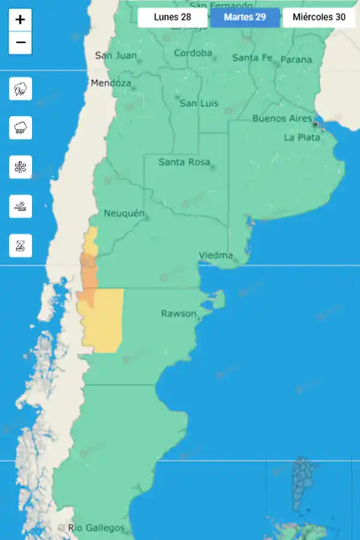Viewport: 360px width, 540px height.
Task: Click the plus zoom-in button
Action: tap(20, 20)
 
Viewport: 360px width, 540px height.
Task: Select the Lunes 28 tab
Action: tap(172, 17)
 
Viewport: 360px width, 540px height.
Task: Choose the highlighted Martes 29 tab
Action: tap(245, 17)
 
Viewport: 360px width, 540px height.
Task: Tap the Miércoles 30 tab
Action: tap(319, 17)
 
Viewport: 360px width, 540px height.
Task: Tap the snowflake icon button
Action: tap(20, 167)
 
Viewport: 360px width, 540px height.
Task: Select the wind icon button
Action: tap(20, 206)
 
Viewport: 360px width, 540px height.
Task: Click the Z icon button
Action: tap(20, 245)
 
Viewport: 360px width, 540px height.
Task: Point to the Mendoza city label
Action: tap(110, 83)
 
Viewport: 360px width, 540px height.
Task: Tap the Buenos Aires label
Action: tap(282, 118)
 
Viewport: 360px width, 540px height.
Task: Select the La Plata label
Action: tap(302, 137)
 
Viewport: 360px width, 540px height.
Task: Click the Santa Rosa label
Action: tap(184, 162)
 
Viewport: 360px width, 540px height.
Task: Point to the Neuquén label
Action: tap(124, 214)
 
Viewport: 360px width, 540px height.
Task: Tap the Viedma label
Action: tap(215, 256)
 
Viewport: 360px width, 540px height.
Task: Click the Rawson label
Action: tap(178, 314)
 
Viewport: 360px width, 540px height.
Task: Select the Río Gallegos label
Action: tap(96, 528)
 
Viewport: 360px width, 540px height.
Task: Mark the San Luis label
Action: tap(199, 103)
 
